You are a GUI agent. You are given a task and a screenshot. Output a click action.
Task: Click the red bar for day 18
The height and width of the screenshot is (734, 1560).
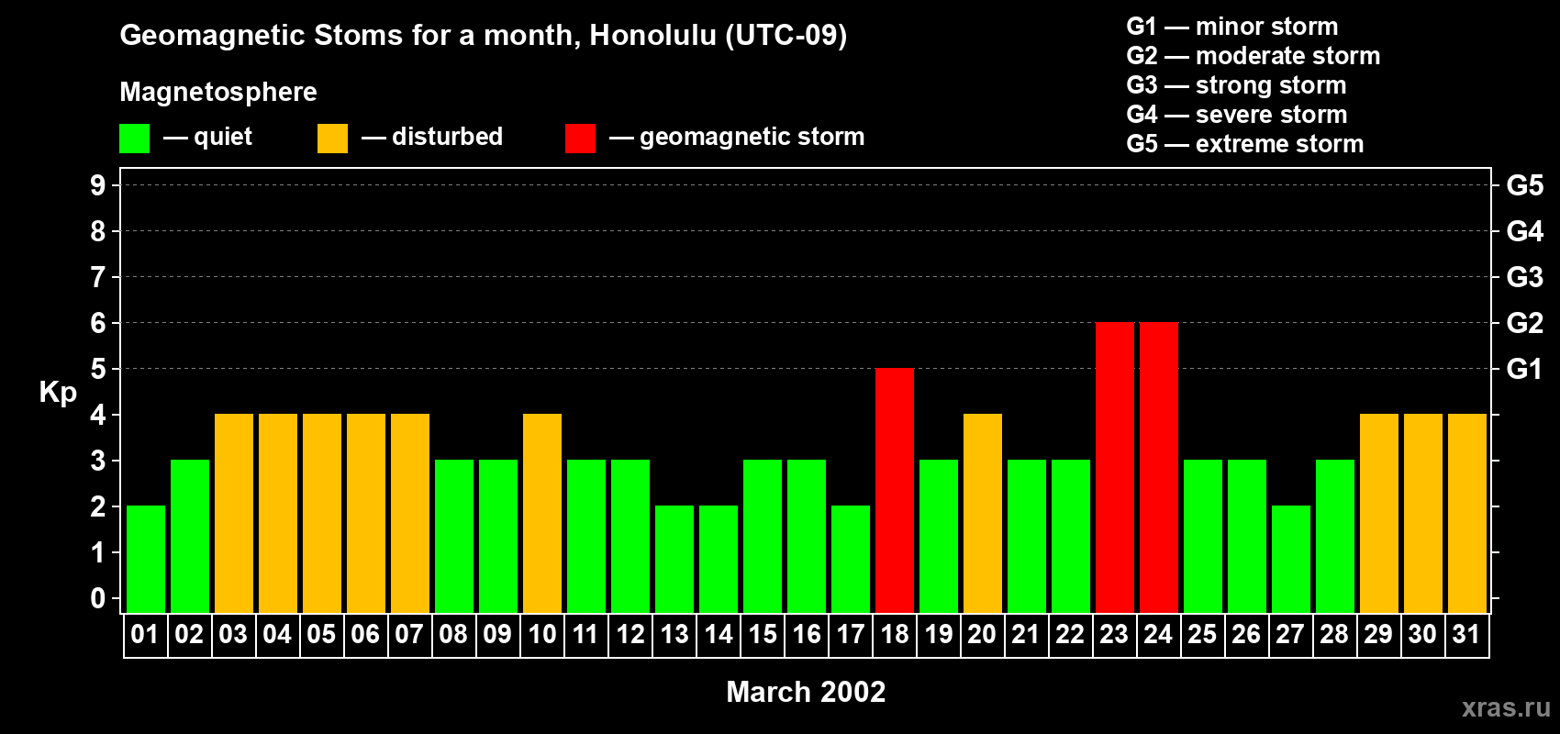tap(895, 490)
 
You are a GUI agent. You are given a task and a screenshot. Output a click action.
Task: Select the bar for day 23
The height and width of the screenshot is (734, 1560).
tap(1115, 467)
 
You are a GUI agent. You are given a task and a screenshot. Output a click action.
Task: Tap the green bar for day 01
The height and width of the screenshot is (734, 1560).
tap(146, 559)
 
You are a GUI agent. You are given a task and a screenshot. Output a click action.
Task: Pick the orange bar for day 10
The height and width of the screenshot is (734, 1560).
tap(542, 513)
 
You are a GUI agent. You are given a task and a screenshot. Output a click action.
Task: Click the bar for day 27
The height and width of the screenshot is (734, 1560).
tap(1291, 559)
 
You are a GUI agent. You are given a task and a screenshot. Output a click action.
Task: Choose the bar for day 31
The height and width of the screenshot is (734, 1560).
tap(1467, 513)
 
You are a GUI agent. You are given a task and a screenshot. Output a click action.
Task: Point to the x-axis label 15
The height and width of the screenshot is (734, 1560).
tap(763, 635)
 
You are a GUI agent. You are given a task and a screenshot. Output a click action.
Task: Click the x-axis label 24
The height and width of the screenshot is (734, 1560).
tap(1158, 635)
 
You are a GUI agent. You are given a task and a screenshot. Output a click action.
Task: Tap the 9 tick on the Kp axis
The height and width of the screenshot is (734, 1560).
tap(98, 185)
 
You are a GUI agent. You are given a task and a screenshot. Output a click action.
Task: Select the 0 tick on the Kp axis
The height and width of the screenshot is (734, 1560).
tap(98, 599)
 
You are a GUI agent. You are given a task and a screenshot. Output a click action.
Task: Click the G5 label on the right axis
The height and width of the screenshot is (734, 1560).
tap(1524, 185)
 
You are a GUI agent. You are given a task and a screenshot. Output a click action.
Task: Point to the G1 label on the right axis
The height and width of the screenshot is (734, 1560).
tap(1524, 369)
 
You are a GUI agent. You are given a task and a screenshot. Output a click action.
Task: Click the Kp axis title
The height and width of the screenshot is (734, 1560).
tap(58, 393)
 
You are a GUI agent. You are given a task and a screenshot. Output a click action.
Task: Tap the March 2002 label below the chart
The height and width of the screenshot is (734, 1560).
tap(806, 692)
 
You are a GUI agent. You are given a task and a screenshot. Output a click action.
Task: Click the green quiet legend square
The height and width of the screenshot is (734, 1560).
tap(135, 139)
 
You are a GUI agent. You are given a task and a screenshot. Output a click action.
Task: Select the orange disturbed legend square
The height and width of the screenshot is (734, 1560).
tap(332, 139)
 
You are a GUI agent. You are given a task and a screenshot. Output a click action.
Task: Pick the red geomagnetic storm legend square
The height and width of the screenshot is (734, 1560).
tap(580, 139)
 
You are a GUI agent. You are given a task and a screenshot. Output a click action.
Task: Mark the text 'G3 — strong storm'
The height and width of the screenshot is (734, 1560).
tap(1236, 85)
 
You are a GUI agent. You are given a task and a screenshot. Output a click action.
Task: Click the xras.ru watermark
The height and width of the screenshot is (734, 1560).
tap(1506, 707)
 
